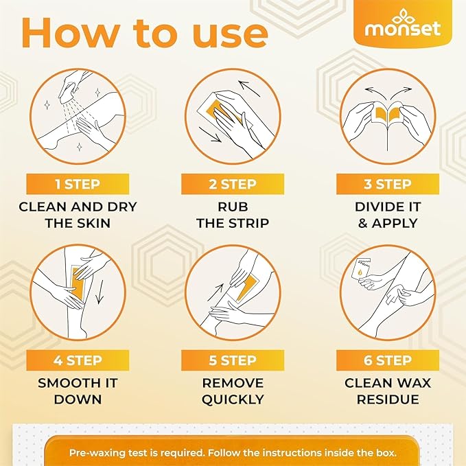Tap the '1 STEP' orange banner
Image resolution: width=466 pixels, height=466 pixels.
pos(78,184)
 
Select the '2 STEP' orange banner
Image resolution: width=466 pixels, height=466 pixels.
pos(233,184)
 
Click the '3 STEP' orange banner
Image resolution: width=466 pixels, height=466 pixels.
pos(388,184)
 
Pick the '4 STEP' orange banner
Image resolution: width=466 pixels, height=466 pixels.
pos(78,360)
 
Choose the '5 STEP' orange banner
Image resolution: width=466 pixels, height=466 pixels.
pos(233,360)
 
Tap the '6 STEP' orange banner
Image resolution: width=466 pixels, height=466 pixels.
pos(388,360)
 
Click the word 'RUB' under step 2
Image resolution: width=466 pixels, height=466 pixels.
pos(233,207)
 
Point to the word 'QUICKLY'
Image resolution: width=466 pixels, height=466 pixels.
pos(233,399)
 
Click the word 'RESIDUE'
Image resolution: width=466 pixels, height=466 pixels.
pos(388,399)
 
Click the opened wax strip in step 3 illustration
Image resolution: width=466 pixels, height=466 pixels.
pos(388,113)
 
